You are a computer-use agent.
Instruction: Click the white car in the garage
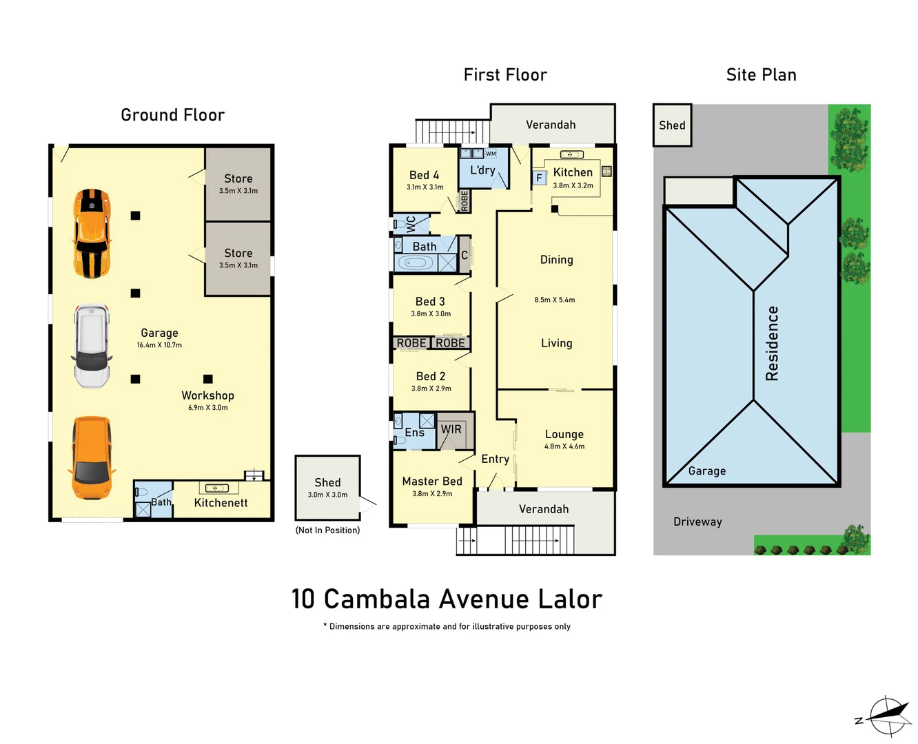pyautogui.click(x=92, y=346)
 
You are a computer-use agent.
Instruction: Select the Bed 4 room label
pyautogui.click(x=424, y=175)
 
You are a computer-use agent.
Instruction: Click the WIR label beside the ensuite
pyautogui.click(x=451, y=429)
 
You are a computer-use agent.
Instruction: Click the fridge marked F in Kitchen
pyautogui.click(x=539, y=178)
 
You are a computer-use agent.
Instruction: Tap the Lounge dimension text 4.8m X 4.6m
pyautogui.click(x=564, y=446)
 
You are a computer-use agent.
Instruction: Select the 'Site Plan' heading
pyautogui.click(x=761, y=75)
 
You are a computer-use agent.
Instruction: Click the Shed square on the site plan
pyautogui.click(x=672, y=125)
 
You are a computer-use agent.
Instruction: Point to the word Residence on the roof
pyautogui.click(x=772, y=343)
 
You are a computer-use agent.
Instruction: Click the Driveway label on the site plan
pyautogui.click(x=697, y=521)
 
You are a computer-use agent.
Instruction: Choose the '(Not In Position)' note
pyautogui.click(x=327, y=530)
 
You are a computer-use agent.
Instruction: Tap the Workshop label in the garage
pyautogui.click(x=207, y=395)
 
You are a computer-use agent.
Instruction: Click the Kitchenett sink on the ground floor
pyautogui.click(x=216, y=488)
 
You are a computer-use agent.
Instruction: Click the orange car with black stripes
pyautogui.click(x=92, y=234)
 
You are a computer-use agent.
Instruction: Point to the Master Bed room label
pyautogui.click(x=432, y=482)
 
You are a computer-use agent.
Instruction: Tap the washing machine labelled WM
pyautogui.click(x=491, y=154)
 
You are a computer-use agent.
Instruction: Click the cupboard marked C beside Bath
pyautogui.click(x=465, y=255)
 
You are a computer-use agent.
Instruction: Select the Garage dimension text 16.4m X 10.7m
pyautogui.click(x=159, y=345)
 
